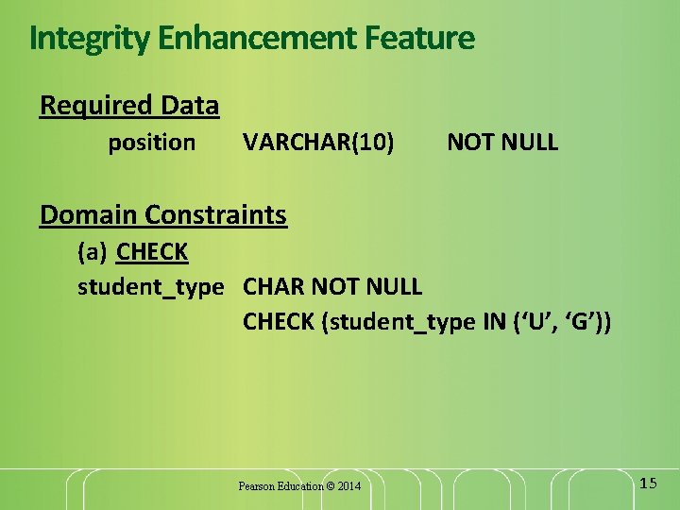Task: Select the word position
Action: coord(152,144)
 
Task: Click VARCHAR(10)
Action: coord(318,144)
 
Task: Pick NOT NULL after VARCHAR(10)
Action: coord(502,144)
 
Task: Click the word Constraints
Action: coord(216,215)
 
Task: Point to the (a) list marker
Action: coord(93,253)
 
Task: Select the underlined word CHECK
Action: coord(152,253)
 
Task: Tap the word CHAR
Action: coord(274,286)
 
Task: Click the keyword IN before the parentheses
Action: coord(494,322)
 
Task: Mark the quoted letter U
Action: coord(535,322)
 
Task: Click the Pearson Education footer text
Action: coord(299,486)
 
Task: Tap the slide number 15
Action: coord(648,484)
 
